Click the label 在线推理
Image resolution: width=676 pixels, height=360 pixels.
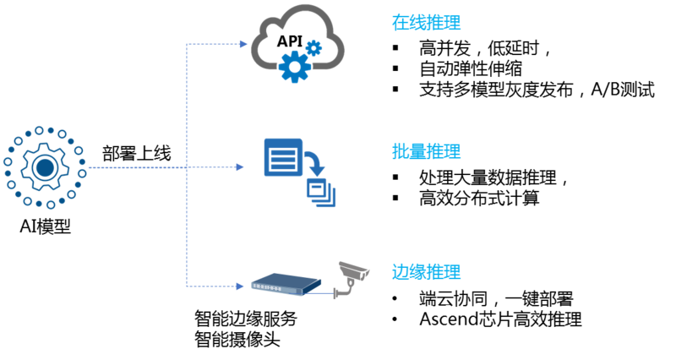(x=426, y=23)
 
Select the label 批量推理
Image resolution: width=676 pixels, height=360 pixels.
(x=426, y=152)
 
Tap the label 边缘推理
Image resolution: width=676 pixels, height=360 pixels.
(x=426, y=272)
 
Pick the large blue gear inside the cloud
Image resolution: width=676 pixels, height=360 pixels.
(x=293, y=65)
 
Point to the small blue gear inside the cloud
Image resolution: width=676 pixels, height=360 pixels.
(x=314, y=48)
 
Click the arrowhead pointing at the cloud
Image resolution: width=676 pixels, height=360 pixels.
(x=244, y=43)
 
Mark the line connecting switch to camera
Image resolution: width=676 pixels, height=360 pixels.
(x=319, y=293)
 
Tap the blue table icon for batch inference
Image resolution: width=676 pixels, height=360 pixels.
(x=282, y=157)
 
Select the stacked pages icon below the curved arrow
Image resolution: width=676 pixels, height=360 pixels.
(x=320, y=191)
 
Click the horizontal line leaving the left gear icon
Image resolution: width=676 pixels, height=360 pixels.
(x=135, y=167)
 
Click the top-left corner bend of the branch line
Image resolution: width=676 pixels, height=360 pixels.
(x=187, y=43)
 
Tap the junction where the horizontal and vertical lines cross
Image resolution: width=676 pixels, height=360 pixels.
(x=187, y=167)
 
